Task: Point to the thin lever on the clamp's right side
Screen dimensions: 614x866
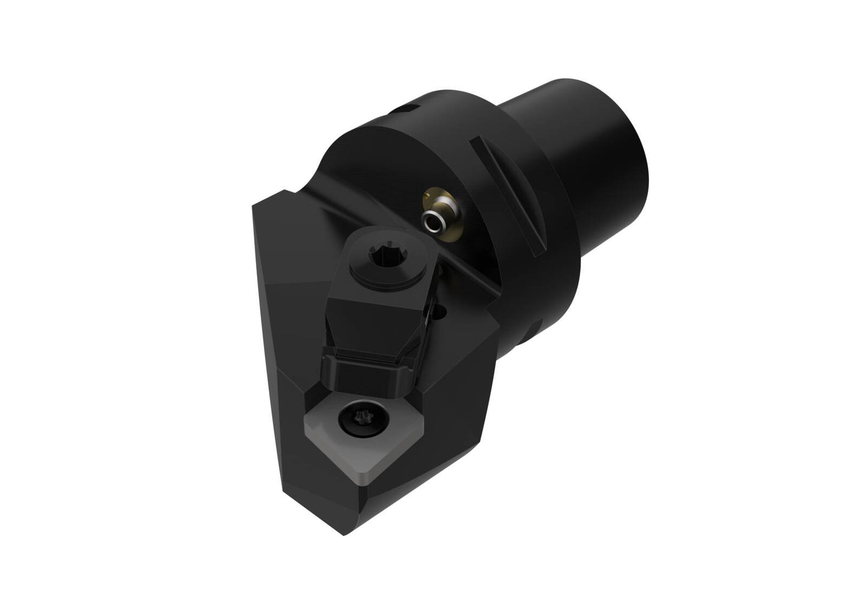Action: tap(429, 323)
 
